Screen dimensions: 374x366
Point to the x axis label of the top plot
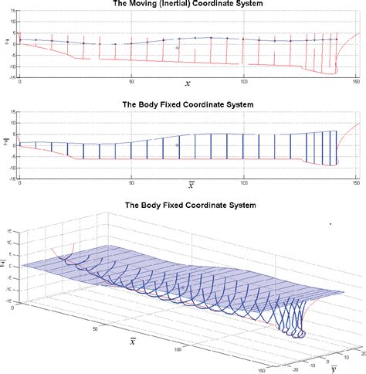click(188, 83)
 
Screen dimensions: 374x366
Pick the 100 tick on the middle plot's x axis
click(244, 182)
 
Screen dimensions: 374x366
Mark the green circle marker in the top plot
click(177, 48)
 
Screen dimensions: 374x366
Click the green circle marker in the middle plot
click(177, 145)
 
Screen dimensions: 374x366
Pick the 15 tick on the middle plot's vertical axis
click(13, 112)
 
